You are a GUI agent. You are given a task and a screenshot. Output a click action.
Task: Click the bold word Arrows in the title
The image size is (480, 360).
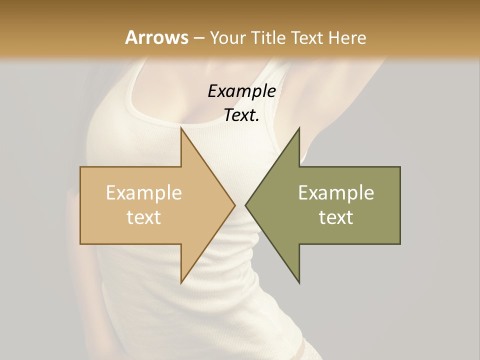point(157,37)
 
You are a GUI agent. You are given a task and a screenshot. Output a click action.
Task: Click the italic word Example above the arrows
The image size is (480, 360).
point(242,91)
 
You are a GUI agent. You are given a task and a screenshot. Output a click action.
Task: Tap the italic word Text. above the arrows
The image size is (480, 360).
point(242,115)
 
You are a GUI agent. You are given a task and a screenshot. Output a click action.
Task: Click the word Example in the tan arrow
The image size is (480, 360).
point(144,192)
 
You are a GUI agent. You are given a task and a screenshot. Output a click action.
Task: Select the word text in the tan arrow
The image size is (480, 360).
point(144,217)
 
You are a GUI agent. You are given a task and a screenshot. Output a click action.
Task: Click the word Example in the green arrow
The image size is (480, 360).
point(336,192)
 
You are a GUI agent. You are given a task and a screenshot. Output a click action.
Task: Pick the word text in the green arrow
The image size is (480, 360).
point(336,217)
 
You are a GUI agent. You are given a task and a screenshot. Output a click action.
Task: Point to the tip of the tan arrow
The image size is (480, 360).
point(235,205)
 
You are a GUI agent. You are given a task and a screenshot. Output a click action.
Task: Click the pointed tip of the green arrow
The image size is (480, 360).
point(245,205)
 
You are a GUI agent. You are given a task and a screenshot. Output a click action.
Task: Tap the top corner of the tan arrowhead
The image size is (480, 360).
point(181,128)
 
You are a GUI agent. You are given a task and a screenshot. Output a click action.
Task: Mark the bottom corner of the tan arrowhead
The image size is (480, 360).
point(181,282)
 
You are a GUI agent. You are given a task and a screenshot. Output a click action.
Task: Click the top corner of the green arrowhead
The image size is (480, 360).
point(299,128)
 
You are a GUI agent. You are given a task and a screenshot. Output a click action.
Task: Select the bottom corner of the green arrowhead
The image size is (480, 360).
point(299,282)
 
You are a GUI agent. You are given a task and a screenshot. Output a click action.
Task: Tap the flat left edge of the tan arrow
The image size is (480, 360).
point(80,205)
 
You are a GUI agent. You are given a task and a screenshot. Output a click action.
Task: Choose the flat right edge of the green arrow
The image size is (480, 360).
point(400,205)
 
